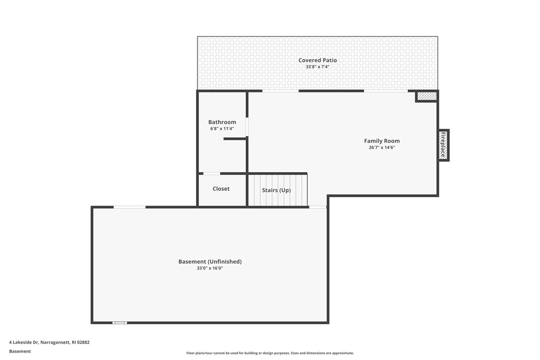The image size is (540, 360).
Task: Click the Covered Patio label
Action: (x=317, y=60)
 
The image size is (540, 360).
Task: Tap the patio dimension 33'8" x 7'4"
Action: (x=317, y=67)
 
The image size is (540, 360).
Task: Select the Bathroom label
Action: (x=222, y=122)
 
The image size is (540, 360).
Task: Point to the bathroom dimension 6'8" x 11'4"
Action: (x=222, y=129)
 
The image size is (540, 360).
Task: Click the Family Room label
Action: (x=381, y=141)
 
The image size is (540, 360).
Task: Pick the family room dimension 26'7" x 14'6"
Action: (x=381, y=148)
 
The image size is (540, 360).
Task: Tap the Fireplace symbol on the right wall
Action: (x=443, y=145)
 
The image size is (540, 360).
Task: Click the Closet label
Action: (x=221, y=189)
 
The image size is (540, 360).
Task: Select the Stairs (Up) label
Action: (x=276, y=190)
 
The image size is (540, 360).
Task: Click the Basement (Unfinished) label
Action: (x=210, y=262)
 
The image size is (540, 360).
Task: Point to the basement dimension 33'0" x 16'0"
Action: (x=210, y=269)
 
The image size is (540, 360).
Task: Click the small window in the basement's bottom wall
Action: (x=119, y=323)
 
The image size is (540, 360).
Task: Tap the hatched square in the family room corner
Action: (x=426, y=96)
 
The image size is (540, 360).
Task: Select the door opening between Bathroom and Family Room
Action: (x=247, y=127)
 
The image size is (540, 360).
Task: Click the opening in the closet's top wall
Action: (x=212, y=174)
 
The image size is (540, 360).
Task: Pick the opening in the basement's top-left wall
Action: (x=129, y=207)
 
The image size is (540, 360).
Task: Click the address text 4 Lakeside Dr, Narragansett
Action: (x=49, y=342)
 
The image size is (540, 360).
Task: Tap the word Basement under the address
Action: (x=20, y=351)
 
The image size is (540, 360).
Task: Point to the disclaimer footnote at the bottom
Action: (x=270, y=353)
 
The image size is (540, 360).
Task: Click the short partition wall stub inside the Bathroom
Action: (x=235, y=139)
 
